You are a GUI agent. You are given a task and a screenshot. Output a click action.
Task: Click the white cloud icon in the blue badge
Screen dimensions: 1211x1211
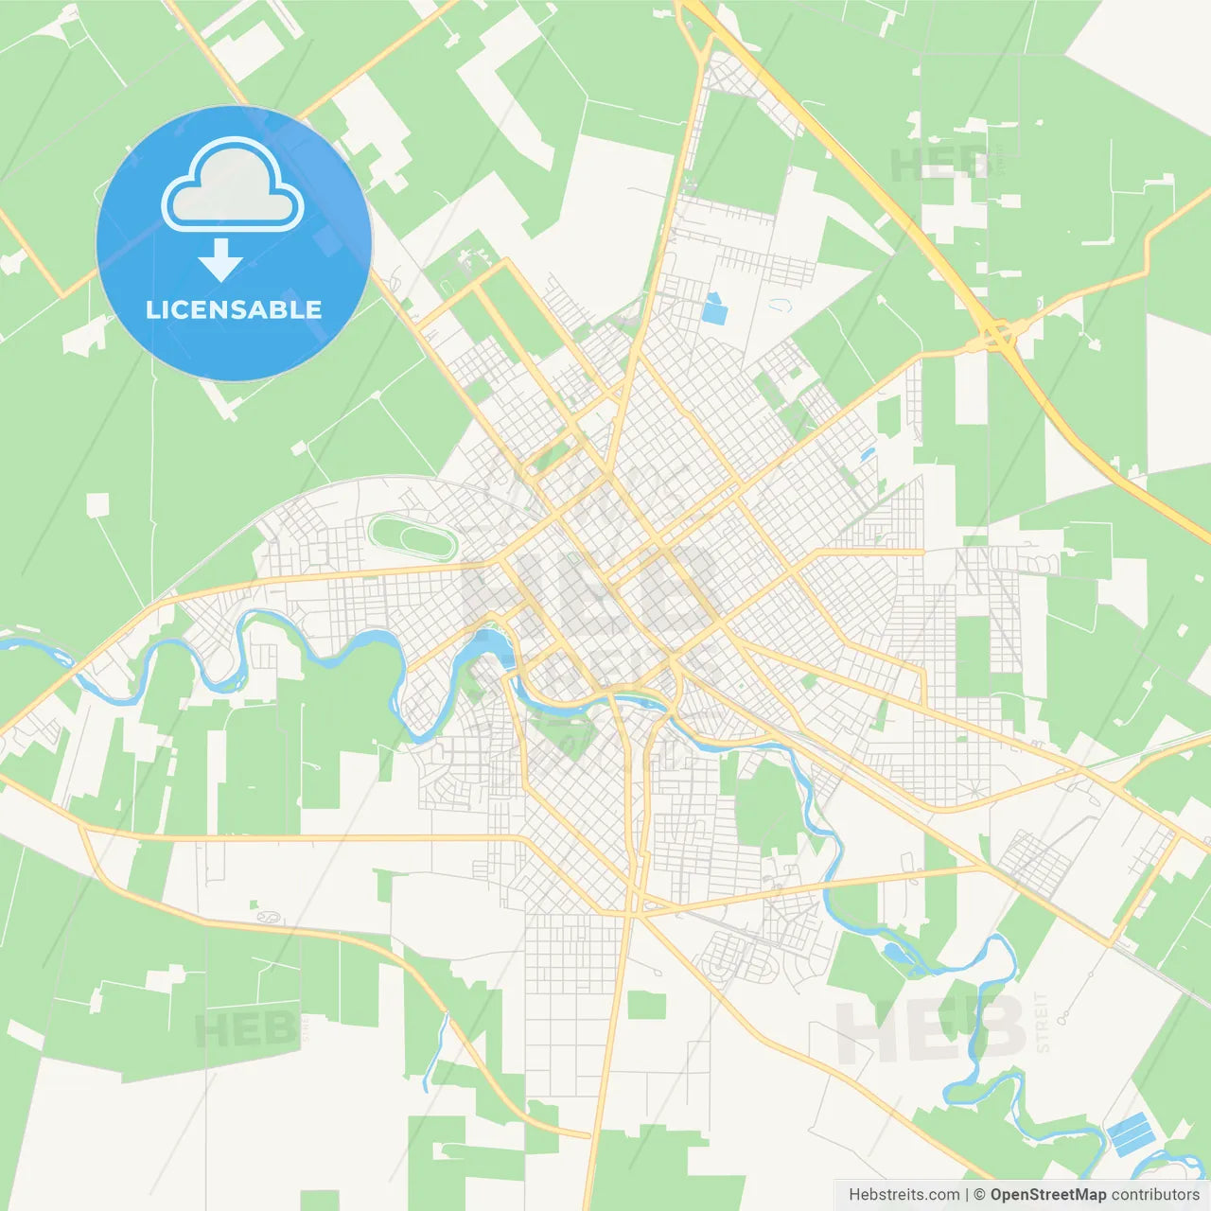[233, 185]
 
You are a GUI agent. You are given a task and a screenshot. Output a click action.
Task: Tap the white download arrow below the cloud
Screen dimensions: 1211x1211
[221, 260]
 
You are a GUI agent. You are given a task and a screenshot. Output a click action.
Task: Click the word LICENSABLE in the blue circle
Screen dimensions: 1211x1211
[234, 310]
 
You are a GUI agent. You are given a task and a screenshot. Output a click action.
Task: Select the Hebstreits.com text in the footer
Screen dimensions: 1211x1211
[904, 1195]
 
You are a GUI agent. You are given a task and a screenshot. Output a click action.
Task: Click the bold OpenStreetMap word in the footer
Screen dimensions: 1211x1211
[1047, 1195]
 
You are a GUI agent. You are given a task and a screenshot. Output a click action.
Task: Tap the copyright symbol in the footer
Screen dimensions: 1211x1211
[979, 1195]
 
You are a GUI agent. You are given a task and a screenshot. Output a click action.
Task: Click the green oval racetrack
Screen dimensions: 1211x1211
[412, 537]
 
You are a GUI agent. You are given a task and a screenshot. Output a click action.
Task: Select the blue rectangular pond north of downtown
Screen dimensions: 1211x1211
[713, 307]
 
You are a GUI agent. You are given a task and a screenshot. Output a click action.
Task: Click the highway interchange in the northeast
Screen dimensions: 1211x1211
[997, 333]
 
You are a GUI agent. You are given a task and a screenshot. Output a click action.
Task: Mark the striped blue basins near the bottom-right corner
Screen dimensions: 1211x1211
[1130, 1133]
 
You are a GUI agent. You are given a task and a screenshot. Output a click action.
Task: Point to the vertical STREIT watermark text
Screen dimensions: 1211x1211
[1043, 1022]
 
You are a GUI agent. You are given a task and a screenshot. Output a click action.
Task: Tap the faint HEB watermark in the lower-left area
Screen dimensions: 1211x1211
[244, 1029]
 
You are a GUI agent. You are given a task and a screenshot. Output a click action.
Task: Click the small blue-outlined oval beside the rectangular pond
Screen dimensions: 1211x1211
[780, 306]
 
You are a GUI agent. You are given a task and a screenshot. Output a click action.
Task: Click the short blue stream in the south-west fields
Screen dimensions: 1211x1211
[436, 1050]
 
